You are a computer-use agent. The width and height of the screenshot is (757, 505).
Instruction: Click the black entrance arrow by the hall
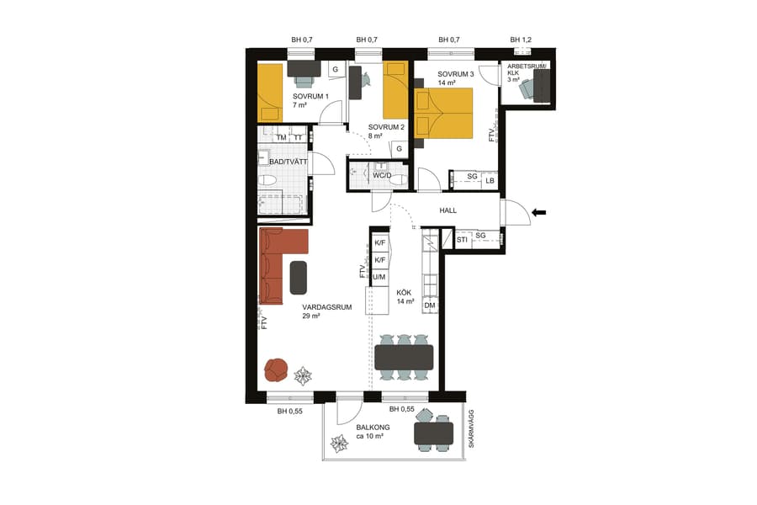point(540,212)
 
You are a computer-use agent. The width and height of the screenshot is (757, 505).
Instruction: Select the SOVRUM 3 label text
point(456,74)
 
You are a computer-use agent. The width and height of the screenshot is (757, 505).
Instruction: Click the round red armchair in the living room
point(277,369)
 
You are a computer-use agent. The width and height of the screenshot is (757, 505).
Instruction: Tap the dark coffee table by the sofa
point(299,277)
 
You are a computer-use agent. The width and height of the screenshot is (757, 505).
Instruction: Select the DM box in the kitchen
point(430,306)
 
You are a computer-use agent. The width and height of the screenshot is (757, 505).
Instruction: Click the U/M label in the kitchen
point(379,277)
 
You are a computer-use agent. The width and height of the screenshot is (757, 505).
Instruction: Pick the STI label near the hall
point(462,241)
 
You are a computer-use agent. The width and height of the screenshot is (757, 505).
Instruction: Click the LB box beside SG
point(490,179)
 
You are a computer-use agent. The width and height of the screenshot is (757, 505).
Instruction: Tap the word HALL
point(447,210)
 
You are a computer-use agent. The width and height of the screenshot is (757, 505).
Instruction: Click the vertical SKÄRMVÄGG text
point(472,428)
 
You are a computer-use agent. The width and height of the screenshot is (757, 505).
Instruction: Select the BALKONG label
point(373,428)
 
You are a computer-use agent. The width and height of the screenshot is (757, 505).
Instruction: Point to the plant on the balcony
point(341,444)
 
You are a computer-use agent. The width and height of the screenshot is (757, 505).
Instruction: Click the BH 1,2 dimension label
point(521,40)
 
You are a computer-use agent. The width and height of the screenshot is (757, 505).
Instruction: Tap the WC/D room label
point(383,175)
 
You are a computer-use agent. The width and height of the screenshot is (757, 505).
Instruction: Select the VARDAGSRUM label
point(326,307)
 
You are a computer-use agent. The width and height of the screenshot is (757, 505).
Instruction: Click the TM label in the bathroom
point(281,137)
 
